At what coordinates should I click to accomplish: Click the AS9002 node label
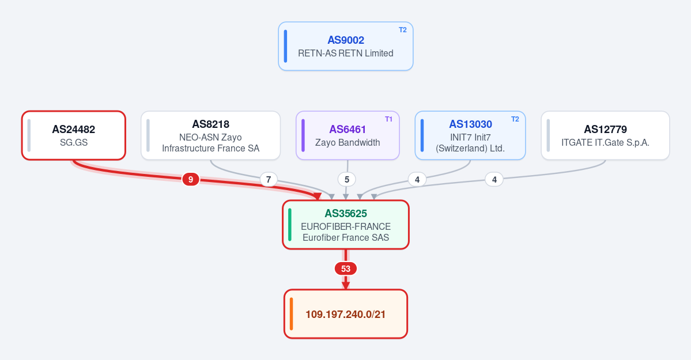346,40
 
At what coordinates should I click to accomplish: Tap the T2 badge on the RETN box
403,30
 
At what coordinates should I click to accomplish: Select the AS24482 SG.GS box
74,135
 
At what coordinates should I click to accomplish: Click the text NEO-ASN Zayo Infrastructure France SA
211,143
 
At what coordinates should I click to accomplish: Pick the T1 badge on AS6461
388,119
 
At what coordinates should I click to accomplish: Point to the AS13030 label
470,124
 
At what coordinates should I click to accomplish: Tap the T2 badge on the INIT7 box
515,119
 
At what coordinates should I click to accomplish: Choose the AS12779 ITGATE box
605,135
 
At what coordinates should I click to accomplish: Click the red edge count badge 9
190,179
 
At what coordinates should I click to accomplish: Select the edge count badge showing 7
269,179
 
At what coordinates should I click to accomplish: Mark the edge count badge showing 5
347,179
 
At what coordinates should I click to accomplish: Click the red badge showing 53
346,268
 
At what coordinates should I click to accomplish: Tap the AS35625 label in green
346,214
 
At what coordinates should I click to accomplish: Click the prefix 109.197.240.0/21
346,314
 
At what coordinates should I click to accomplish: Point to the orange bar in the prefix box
291,314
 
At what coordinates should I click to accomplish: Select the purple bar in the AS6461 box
303,135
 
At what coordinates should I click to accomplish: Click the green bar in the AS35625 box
289,225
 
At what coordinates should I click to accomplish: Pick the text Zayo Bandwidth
348,143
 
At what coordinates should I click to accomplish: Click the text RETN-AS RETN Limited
346,54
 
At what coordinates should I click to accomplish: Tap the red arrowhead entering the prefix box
346,285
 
